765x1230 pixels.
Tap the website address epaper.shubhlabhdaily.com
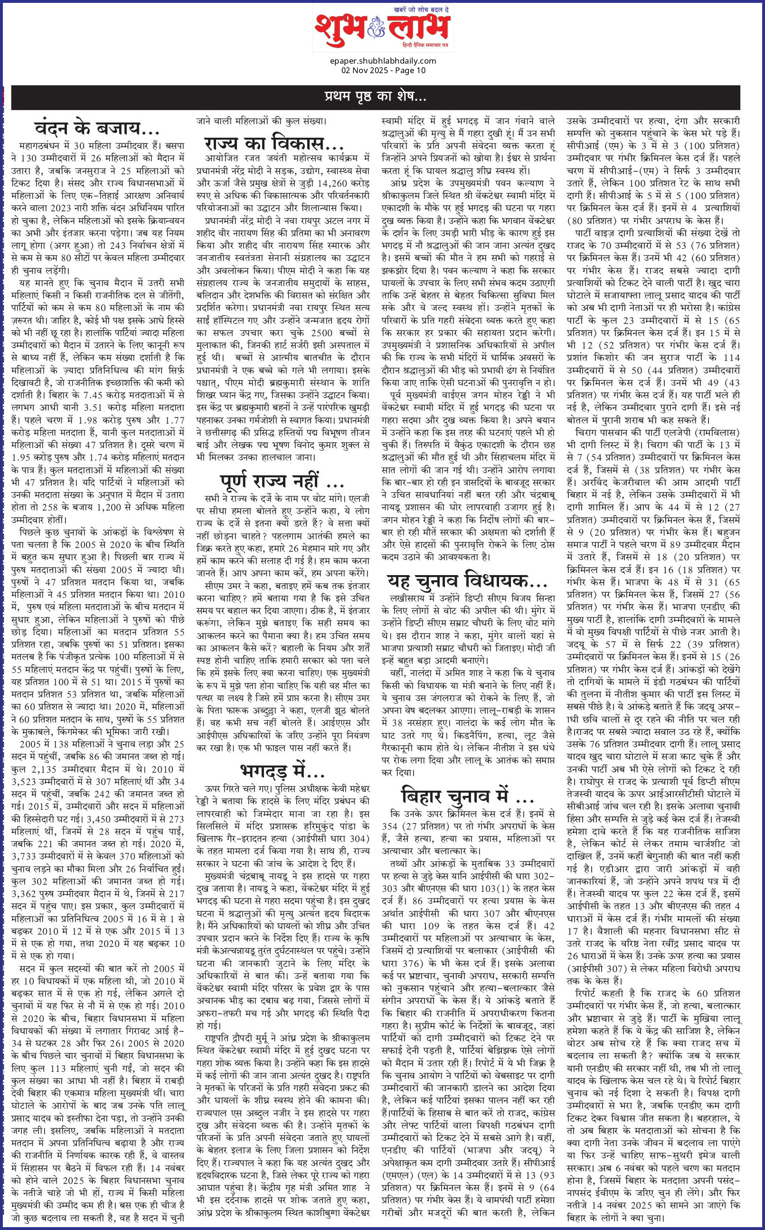tap(383, 61)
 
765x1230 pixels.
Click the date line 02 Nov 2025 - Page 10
tap(383, 70)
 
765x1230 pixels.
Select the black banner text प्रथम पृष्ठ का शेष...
tap(376, 96)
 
